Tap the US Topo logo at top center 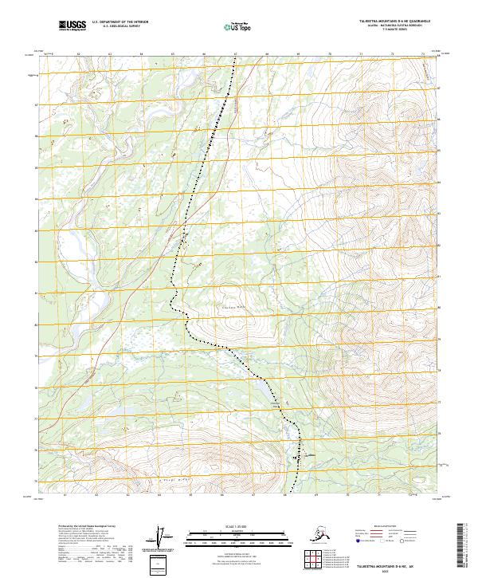click(x=232, y=27)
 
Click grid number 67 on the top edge click(x=235, y=54)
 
